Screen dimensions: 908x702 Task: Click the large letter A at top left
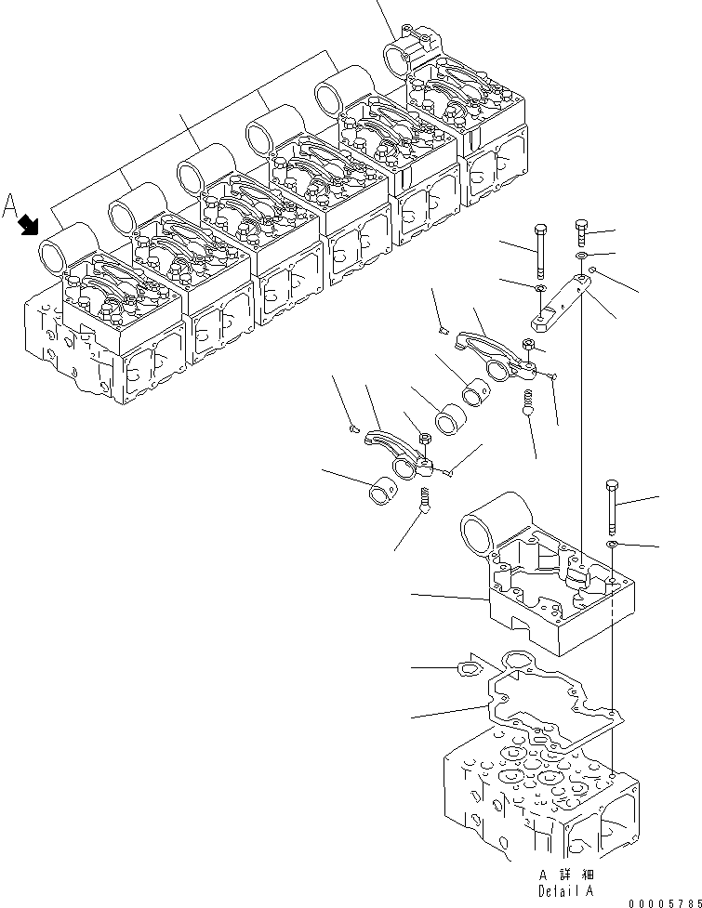tap(10, 204)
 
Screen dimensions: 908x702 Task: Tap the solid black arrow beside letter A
tap(30, 224)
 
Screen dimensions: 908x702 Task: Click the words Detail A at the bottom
tap(565, 890)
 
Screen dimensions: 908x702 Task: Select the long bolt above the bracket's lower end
tap(540, 251)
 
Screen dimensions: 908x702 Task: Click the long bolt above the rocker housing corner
tap(611, 506)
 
